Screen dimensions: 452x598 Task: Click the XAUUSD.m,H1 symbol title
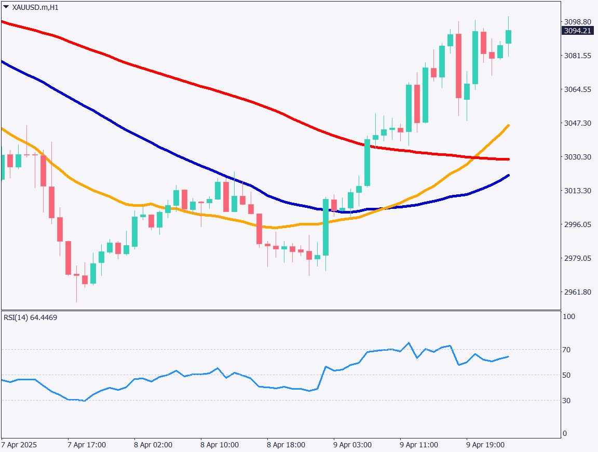[x=35, y=7]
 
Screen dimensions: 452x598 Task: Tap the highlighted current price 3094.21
[x=577, y=31]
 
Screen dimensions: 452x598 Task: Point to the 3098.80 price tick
[x=577, y=22]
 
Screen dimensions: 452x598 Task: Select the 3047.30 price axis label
[x=577, y=123]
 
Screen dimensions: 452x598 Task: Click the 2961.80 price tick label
[x=577, y=292]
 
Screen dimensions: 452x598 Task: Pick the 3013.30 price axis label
[x=577, y=191]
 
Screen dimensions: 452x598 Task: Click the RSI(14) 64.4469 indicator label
[x=31, y=317]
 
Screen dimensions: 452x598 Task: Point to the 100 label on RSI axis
[x=569, y=316]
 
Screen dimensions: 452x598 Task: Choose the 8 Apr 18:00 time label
[x=286, y=445]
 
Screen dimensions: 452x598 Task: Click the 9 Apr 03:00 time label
[x=352, y=445]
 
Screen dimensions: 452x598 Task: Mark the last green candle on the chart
[x=508, y=36]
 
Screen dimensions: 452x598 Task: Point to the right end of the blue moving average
[x=508, y=175]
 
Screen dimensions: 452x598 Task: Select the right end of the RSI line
[x=508, y=356]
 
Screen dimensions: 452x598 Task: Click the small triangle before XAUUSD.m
[x=6, y=7]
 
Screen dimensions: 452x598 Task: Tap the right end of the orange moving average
[x=508, y=125]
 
